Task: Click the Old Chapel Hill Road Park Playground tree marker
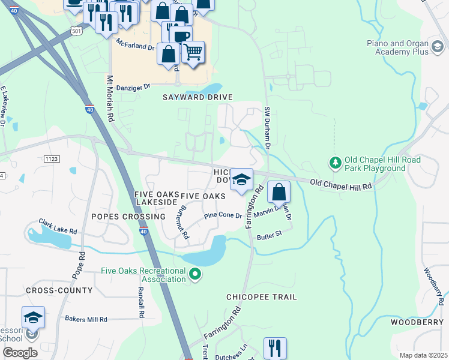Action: coord(334,163)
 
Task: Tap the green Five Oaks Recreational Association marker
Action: coord(194,275)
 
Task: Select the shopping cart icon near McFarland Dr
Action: coord(193,53)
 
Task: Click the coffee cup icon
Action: coord(181,36)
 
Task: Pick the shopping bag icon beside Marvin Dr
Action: coord(279,192)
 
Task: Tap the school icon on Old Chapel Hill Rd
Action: coord(241,180)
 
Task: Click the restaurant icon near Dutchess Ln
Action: coord(275,347)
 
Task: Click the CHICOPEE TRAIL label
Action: coord(261,297)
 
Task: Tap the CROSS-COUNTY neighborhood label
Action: coord(59,290)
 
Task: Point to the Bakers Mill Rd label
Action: coord(86,319)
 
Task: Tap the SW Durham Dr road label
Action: coord(268,128)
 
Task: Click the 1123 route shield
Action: coord(52,158)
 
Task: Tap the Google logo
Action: coord(20,353)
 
